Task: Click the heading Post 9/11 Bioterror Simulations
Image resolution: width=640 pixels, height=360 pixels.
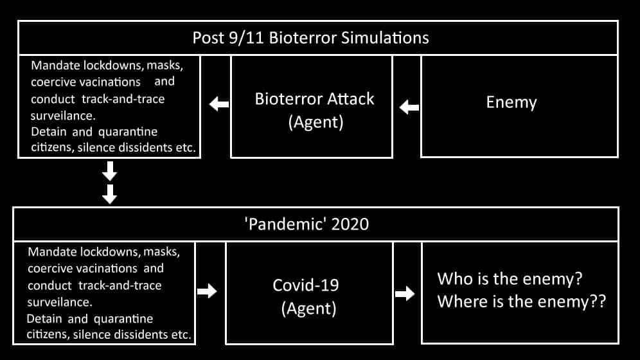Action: (310, 38)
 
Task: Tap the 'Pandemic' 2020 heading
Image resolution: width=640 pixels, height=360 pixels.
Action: (307, 224)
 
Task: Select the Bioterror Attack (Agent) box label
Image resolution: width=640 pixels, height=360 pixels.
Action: (314, 110)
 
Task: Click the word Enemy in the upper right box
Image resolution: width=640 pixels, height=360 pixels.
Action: (511, 102)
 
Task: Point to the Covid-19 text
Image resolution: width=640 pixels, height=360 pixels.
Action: (306, 285)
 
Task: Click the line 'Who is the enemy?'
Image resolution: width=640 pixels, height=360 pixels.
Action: (510, 279)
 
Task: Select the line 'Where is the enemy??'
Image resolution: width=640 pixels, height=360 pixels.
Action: (522, 301)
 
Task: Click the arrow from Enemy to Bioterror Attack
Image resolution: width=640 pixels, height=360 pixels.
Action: (409, 107)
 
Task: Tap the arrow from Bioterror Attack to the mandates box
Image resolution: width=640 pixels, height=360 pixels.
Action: (219, 104)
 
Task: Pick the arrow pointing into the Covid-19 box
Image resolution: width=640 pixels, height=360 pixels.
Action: (207, 291)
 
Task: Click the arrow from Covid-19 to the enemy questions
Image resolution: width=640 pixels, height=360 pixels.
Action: (405, 293)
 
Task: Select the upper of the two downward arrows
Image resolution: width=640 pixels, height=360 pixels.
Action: (109, 171)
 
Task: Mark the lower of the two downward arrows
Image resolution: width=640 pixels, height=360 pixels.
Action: (109, 194)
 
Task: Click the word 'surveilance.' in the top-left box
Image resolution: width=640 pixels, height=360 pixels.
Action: (63, 116)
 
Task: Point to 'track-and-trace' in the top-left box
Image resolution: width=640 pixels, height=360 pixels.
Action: (123, 99)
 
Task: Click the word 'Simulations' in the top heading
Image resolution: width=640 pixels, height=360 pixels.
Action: (385, 38)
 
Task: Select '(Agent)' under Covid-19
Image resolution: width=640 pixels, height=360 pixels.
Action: (308, 309)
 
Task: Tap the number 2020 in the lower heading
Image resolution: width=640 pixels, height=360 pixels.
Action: (350, 224)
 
